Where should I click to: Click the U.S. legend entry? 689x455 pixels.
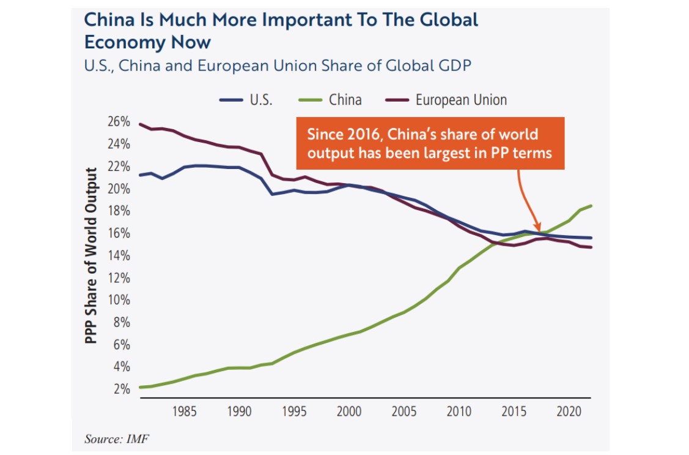pos(247,99)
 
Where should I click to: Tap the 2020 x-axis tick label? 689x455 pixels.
pos(568,410)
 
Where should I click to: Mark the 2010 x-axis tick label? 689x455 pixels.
pos(459,410)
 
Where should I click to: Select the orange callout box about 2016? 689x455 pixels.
pos(430,143)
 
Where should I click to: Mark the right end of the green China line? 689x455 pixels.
pos(591,206)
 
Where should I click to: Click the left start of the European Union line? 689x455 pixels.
pos(140,124)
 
